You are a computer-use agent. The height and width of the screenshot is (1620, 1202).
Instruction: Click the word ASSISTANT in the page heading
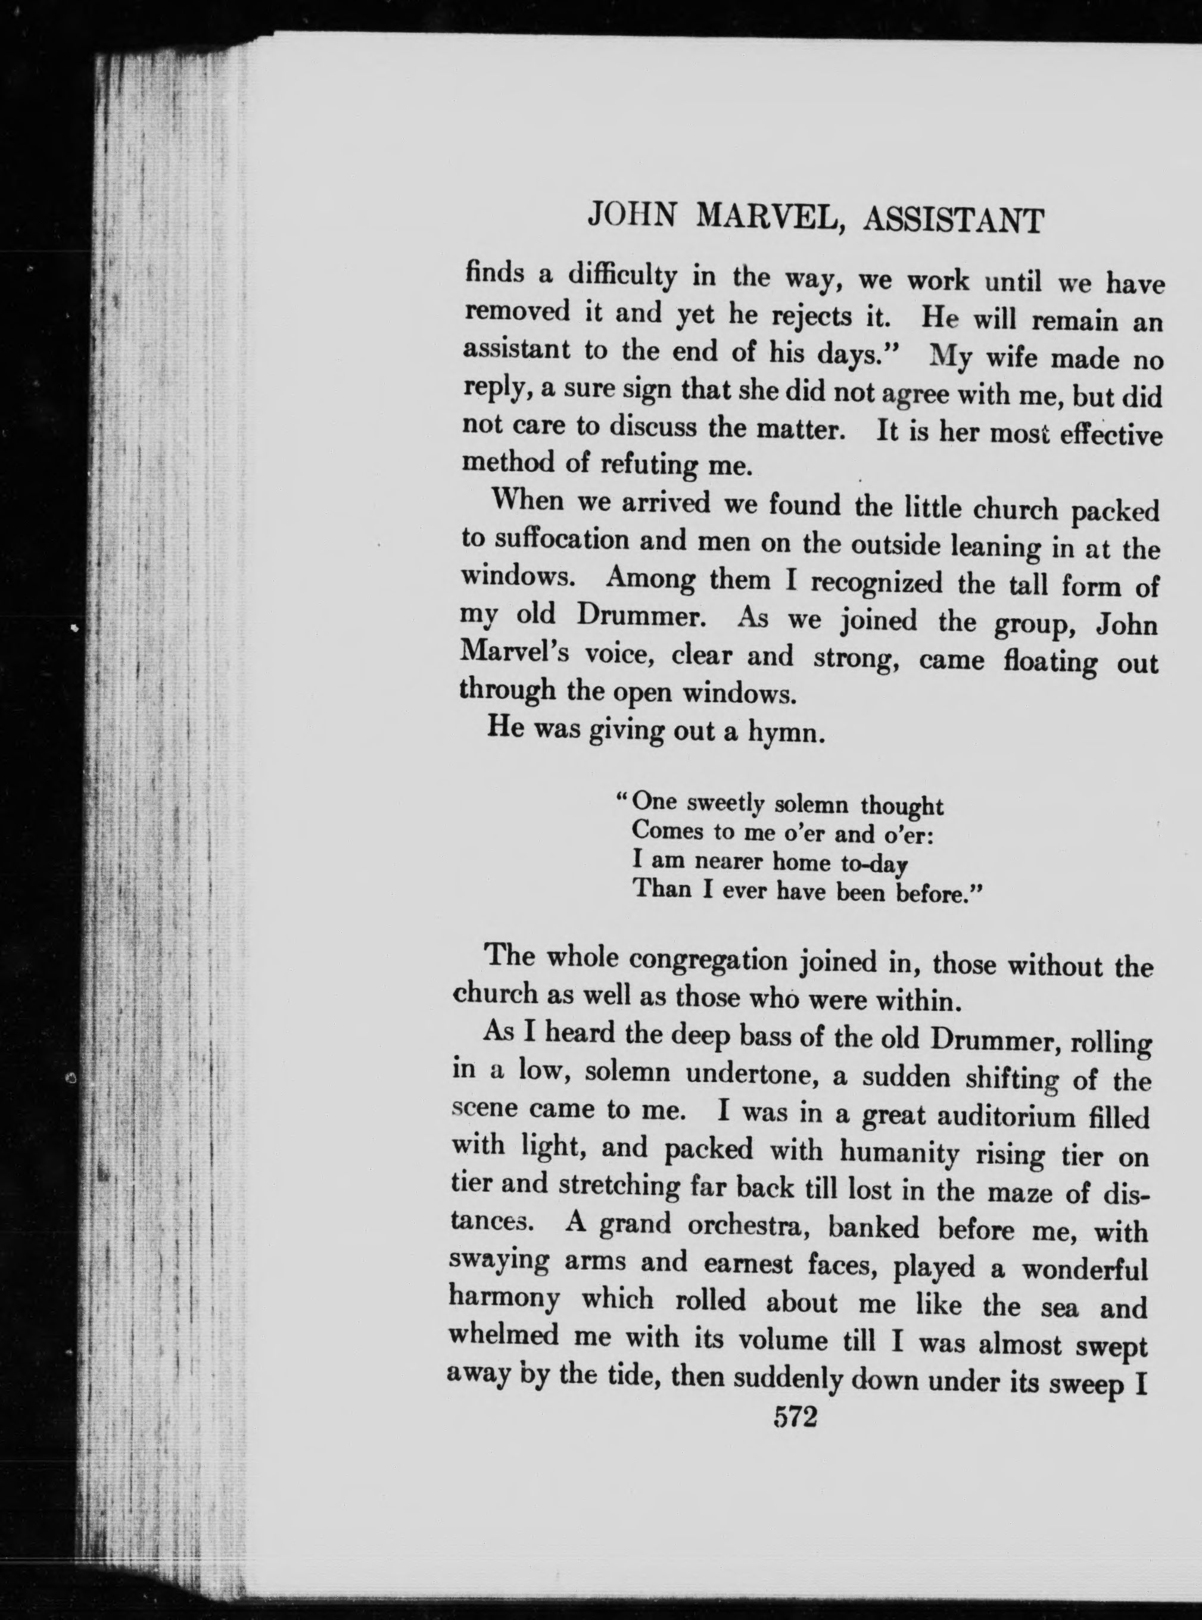[x=952, y=220]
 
